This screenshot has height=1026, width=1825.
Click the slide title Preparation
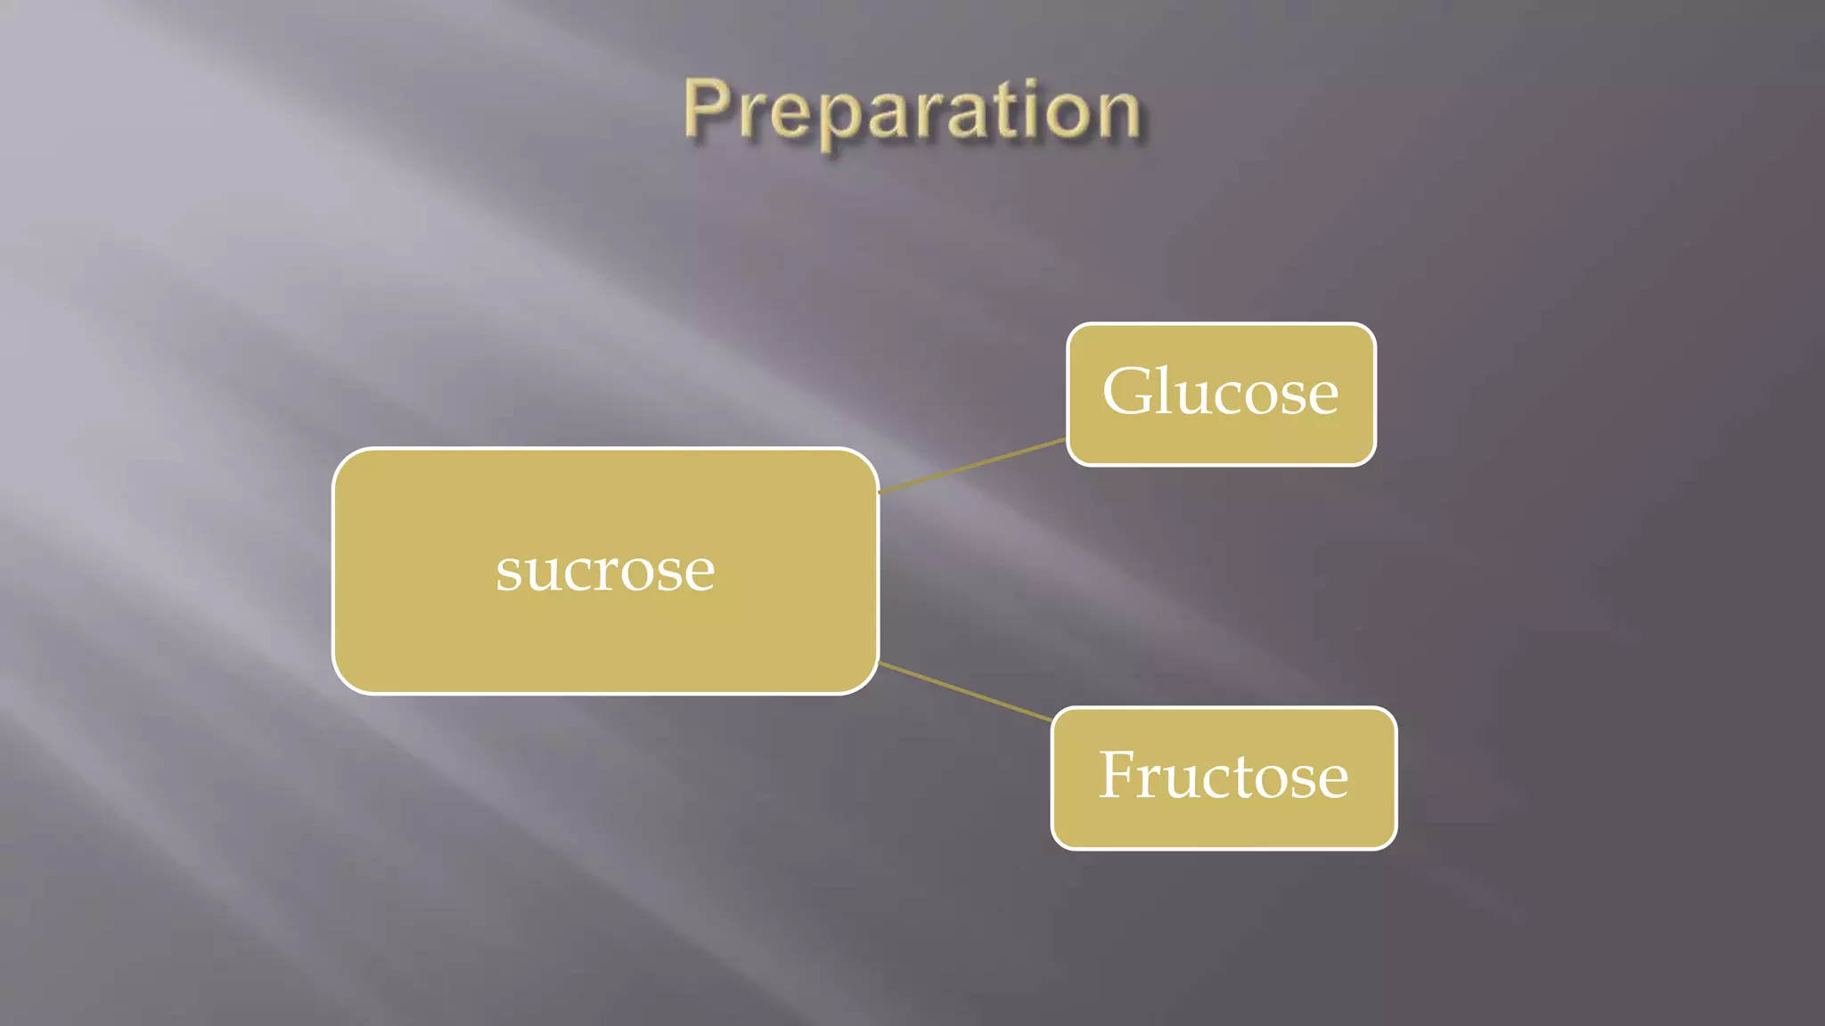(912, 112)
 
